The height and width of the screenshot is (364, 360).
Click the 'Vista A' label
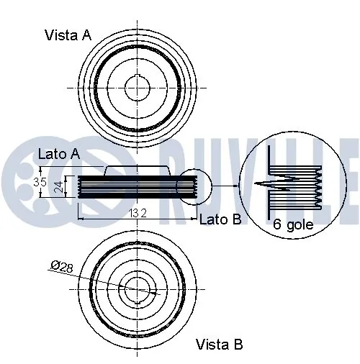68,35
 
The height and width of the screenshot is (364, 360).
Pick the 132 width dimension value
138,213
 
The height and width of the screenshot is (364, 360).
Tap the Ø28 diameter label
62,267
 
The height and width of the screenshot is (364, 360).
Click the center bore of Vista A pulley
136,87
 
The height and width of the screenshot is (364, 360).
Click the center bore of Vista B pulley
136,289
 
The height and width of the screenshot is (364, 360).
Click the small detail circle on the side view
191,186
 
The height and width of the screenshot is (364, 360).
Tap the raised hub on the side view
137,170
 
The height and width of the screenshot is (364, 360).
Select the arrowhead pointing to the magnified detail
238,186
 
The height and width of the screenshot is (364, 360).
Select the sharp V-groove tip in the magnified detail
256,184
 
